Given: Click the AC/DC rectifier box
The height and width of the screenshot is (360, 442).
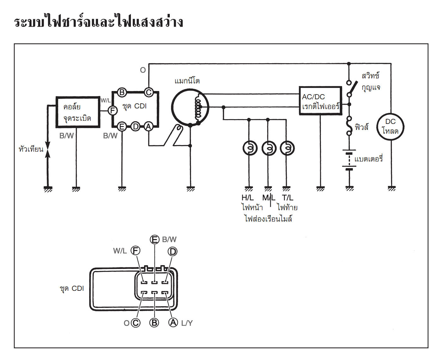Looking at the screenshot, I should pos(320,101).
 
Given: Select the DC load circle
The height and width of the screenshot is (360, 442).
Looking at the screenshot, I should pos(390,126).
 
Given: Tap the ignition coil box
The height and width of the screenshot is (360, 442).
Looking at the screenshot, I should pos(78,112).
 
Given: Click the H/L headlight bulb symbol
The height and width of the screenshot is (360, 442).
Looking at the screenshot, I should pos(250,148).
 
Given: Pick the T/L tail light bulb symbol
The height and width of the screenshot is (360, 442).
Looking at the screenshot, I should pos(287,148).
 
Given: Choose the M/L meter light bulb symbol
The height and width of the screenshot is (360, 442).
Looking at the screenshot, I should pos(269,148).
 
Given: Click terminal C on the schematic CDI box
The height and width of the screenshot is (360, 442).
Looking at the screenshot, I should pos(149,92).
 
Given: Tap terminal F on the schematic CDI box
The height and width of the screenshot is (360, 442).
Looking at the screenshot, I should pos(113,111).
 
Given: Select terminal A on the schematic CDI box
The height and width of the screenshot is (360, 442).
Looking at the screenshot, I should pos(148,127).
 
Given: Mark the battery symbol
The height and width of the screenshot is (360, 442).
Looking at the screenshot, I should pos(349,160).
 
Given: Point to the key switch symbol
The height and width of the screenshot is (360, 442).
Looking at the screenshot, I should pos(351,88).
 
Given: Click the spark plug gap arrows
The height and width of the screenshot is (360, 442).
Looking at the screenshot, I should pos(48,149).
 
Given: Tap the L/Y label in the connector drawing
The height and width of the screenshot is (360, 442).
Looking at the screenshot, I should pos(187,323).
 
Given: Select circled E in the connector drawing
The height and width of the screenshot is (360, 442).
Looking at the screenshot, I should pos(154,240).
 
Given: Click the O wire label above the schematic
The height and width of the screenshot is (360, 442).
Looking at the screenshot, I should pos(143,70).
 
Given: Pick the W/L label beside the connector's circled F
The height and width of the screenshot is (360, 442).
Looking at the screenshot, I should pos(120,251).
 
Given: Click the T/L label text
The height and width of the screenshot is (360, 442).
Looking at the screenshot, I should pos(288,198).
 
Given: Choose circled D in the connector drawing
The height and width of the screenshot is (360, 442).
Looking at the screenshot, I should pos(173,252).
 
